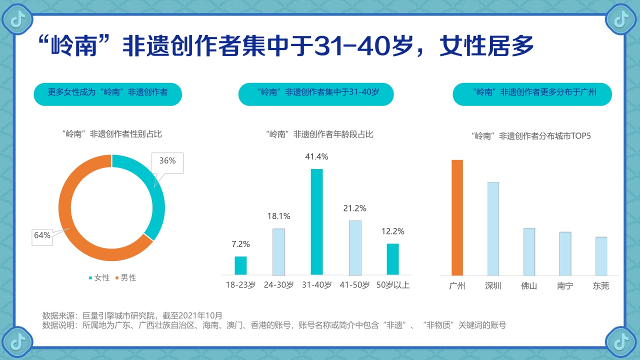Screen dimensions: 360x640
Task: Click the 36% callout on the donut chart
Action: (167, 161)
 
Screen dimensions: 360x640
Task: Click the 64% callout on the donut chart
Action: (42, 235)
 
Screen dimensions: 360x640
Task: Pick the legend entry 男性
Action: (125, 278)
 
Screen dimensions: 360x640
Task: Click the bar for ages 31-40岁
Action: (316, 222)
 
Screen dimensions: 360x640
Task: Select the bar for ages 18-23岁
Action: (240, 265)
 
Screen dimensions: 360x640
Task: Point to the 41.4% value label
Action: (316, 156)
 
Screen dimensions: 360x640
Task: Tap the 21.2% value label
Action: (354, 208)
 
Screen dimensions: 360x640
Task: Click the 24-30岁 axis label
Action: (278, 285)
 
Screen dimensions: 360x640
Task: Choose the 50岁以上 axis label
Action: (393, 285)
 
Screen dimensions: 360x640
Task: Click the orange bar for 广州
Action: (457, 217)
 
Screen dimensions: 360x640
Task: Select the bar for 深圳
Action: (493, 228)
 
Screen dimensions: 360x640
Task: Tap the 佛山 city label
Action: (529, 286)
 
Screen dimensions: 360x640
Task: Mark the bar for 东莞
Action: (601, 256)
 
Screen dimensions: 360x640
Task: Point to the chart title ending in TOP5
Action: (531, 135)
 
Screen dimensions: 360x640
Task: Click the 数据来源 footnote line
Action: (132, 315)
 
